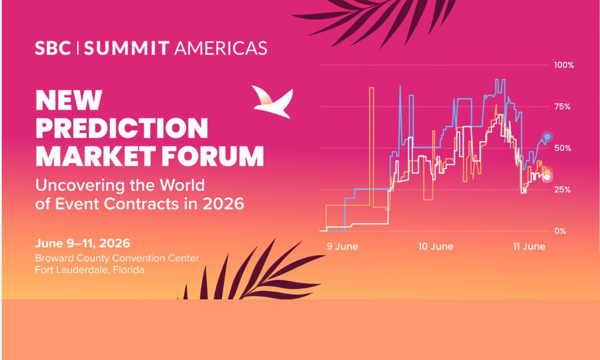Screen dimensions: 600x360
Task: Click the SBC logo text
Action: [x=53, y=48]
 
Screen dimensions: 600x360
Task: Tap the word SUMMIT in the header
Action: [x=127, y=48]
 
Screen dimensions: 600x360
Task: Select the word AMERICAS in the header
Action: [x=220, y=48]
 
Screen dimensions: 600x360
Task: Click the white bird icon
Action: [x=272, y=101]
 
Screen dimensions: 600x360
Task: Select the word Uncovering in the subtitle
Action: [x=80, y=186]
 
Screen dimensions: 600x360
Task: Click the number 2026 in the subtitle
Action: [x=223, y=203]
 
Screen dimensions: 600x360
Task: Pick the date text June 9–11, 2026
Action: [x=82, y=244]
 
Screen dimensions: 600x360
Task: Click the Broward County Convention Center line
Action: [x=117, y=258]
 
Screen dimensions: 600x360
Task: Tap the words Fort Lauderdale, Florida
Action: [x=89, y=270]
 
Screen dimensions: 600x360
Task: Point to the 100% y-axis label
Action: [x=564, y=65]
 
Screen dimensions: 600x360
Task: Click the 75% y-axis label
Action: [x=563, y=107]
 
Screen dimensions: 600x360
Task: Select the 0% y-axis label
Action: [x=560, y=231]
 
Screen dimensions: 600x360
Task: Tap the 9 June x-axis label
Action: [x=343, y=247]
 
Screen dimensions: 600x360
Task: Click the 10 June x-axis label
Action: [x=436, y=247]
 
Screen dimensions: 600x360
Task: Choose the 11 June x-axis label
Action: [x=529, y=247]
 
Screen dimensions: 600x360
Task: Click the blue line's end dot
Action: [x=547, y=137]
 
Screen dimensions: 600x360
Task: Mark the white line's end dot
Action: [x=547, y=177]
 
